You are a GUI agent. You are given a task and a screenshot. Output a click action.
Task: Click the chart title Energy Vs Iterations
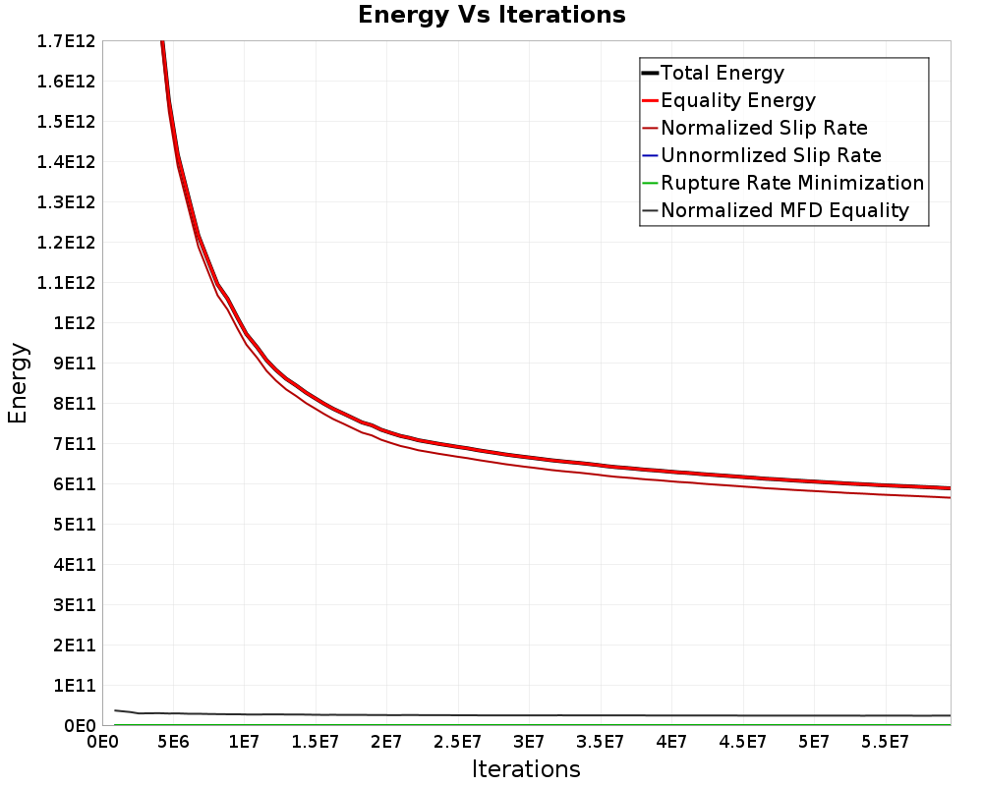(x=491, y=15)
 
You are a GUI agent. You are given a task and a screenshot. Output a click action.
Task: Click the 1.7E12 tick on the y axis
(x=66, y=41)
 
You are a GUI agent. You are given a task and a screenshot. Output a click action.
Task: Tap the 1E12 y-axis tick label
(x=75, y=323)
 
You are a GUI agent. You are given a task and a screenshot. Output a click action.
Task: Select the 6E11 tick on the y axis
(x=75, y=484)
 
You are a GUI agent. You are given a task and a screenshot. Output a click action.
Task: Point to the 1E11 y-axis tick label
(x=75, y=685)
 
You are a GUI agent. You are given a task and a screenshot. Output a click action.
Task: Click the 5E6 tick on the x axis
(x=173, y=742)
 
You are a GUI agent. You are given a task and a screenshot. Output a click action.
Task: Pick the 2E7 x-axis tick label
(x=386, y=742)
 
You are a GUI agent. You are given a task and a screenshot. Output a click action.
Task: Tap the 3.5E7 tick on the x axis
(x=600, y=742)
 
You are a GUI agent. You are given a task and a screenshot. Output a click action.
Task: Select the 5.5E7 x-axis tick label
(x=885, y=742)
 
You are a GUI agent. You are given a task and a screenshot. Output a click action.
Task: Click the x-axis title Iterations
(x=526, y=768)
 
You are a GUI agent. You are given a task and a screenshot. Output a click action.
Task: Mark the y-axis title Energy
(x=18, y=383)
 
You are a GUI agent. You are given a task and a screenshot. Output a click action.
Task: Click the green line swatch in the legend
(x=650, y=183)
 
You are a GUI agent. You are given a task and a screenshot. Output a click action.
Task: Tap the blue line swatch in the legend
(x=650, y=155)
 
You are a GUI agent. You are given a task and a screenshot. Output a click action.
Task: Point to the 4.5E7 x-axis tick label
(x=742, y=742)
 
